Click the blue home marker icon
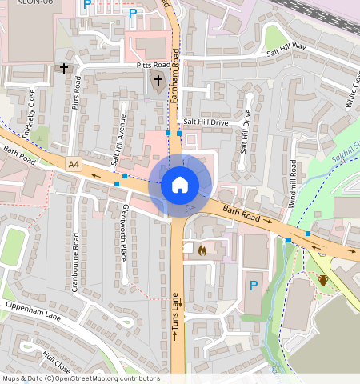click(180, 185)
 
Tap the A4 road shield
click(74, 164)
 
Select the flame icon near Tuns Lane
click(202, 250)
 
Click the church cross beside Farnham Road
click(158, 80)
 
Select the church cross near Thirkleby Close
click(63, 70)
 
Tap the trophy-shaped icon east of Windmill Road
click(323, 281)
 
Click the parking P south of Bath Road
click(254, 286)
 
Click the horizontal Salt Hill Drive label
click(206, 122)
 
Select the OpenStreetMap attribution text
click(80, 378)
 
